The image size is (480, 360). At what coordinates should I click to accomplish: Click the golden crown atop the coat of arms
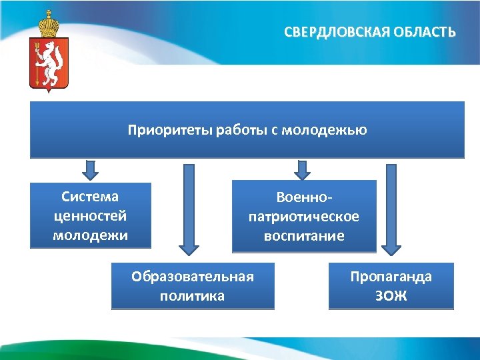49,25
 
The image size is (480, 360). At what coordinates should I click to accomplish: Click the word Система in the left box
90,197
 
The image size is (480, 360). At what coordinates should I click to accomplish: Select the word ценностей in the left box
90,216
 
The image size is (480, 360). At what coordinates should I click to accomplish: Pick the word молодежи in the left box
90,235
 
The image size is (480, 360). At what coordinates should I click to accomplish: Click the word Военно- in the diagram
303,197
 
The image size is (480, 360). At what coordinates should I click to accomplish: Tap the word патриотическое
303,217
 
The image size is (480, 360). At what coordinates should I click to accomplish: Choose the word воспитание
303,236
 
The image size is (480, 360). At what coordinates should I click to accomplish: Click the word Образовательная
193,277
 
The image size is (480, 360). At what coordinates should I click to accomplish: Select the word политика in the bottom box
193,296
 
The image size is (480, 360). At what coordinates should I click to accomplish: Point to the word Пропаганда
391,277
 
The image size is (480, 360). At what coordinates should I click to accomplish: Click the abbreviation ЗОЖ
391,296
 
